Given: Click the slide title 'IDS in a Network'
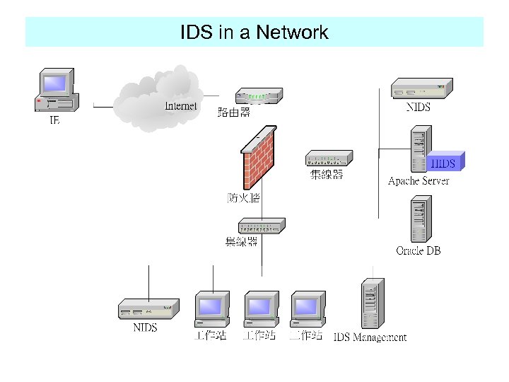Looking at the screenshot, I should point(254,33).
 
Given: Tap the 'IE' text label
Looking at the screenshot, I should point(54,121).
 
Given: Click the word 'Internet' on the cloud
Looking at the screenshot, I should point(180,106).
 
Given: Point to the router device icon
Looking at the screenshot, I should point(259,95).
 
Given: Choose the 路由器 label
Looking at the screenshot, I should point(233,112).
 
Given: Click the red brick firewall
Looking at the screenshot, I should point(259,161).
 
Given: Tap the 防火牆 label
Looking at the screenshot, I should point(243,197).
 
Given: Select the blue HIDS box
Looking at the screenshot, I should point(446,162).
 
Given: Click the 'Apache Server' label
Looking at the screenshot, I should point(419,181).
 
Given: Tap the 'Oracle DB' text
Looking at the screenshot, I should point(418,250).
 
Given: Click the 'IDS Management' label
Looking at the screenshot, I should point(370,337).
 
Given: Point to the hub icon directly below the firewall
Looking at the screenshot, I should point(261,226).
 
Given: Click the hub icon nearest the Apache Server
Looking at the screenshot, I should point(328,158).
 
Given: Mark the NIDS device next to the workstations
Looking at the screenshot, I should point(146,308).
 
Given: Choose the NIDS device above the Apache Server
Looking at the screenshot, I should point(421,88).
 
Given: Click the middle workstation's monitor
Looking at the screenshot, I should point(259,306).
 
